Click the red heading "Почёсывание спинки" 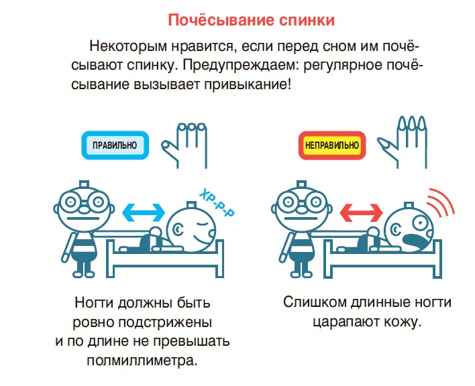pos(250,19)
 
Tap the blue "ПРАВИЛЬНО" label pos(114,143)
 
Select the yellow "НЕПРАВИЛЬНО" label pos(331,144)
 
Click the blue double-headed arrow pos(144,212)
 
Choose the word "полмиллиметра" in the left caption pos(142,361)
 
